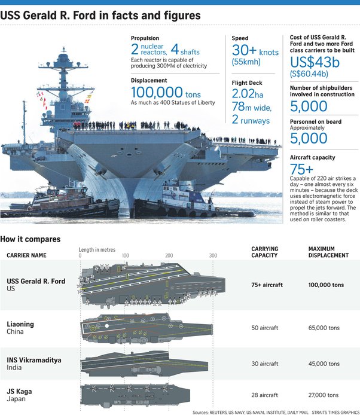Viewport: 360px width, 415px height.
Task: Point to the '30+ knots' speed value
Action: pyautogui.click(x=255, y=51)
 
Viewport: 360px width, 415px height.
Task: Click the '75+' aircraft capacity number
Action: pyautogui.click(x=301, y=169)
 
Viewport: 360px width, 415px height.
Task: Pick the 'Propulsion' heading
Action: pyautogui.click(x=145, y=38)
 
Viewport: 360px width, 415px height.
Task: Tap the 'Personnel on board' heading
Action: pyautogui.click(x=315, y=122)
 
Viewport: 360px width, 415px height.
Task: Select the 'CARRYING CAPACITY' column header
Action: pyautogui.click(x=265, y=252)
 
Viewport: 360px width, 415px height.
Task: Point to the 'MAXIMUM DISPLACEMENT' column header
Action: pyautogui.click(x=328, y=252)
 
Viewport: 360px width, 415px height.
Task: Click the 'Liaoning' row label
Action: pyautogui.click(x=20, y=324)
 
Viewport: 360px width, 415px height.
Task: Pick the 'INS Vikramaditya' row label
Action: pyautogui.click(x=34, y=360)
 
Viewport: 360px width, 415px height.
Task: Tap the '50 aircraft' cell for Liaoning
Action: pyautogui.click(x=265, y=328)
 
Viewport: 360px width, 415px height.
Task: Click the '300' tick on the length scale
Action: pyautogui.click(x=213, y=256)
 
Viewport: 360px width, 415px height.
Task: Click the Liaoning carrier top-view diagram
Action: pyautogui.click(x=147, y=326)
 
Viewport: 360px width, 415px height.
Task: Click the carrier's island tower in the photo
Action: pyautogui.click(x=64, y=84)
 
